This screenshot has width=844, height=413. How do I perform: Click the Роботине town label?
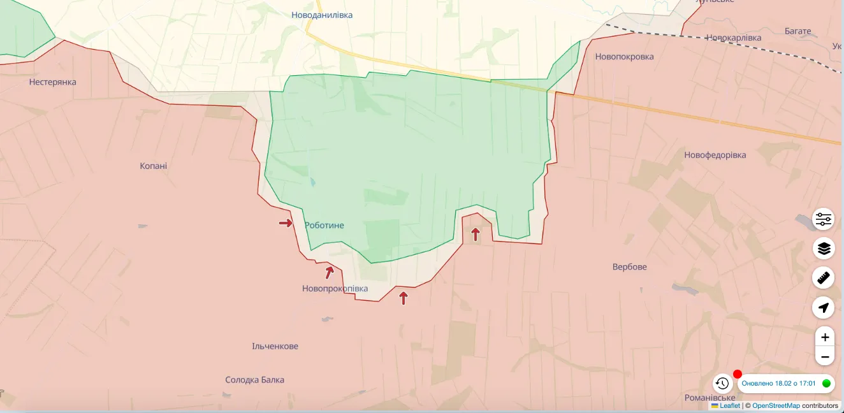pyautogui.click(x=324, y=226)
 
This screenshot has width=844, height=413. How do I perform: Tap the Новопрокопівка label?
pyautogui.click(x=335, y=289)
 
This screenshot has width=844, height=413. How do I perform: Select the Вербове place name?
pyautogui.click(x=629, y=267)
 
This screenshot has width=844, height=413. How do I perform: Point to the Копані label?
pyautogui.click(x=154, y=166)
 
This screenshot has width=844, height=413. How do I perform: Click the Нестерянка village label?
pyautogui.click(x=52, y=82)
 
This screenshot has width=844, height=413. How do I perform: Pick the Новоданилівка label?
pyautogui.click(x=322, y=15)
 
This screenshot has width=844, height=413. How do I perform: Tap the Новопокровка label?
pyautogui.click(x=624, y=57)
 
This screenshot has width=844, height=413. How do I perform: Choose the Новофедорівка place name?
pyautogui.click(x=715, y=156)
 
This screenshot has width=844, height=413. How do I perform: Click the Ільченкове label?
pyautogui.click(x=275, y=347)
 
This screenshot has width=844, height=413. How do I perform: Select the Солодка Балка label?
pyautogui.click(x=254, y=380)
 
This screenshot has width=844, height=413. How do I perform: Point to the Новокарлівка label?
pyautogui.click(x=733, y=38)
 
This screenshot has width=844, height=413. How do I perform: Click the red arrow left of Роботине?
pyautogui.click(x=286, y=223)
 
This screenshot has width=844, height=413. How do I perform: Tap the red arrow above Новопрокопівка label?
pyautogui.click(x=330, y=273)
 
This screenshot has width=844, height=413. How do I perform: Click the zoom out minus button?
pyautogui.click(x=824, y=357)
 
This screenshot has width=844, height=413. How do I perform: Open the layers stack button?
pyautogui.click(x=824, y=248)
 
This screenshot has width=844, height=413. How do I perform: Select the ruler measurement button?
pyautogui.click(x=824, y=278)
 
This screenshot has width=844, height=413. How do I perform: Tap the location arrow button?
pyautogui.click(x=824, y=308)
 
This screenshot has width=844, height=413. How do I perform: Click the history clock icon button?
pyautogui.click(x=722, y=383)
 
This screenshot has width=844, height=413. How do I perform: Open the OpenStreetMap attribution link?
pyautogui.click(x=776, y=406)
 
